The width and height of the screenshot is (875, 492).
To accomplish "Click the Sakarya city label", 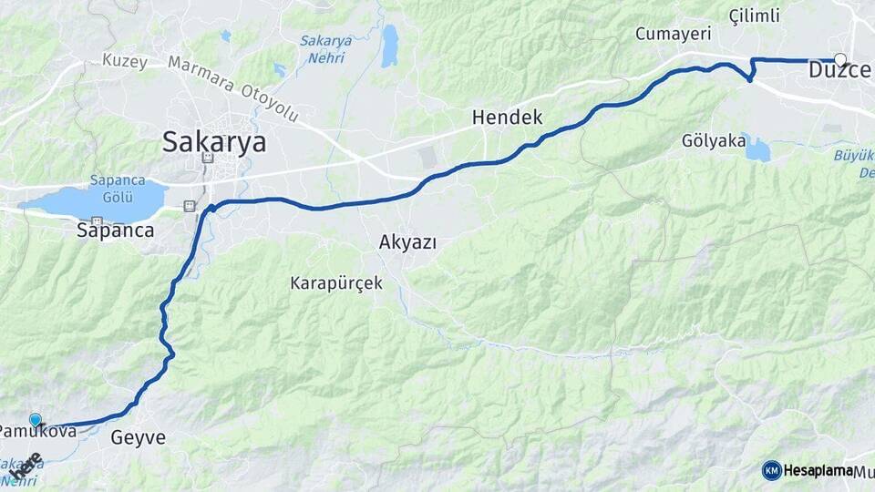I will [x=214, y=142].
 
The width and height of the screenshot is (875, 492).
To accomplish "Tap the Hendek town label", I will [x=507, y=118].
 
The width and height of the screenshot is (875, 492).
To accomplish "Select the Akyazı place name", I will [x=407, y=242].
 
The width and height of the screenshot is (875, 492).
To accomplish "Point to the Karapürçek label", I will [x=336, y=283].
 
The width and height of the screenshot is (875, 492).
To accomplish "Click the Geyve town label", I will [x=139, y=438].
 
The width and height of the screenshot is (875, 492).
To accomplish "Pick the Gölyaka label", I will [x=710, y=141].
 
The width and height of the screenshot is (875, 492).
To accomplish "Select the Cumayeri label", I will [x=673, y=35].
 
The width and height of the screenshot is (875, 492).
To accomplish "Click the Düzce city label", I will [x=839, y=70].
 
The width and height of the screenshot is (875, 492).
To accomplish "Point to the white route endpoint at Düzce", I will [x=840, y=60].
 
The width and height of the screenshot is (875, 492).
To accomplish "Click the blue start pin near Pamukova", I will [x=36, y=420].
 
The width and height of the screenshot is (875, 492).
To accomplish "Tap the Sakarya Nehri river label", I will [x=323, y=49].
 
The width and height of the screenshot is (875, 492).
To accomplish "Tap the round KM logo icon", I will [x=772, y=470].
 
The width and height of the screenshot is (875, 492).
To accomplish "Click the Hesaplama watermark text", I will [x=818, y=470].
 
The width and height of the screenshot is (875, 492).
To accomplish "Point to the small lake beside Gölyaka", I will [x=756, y=148].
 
